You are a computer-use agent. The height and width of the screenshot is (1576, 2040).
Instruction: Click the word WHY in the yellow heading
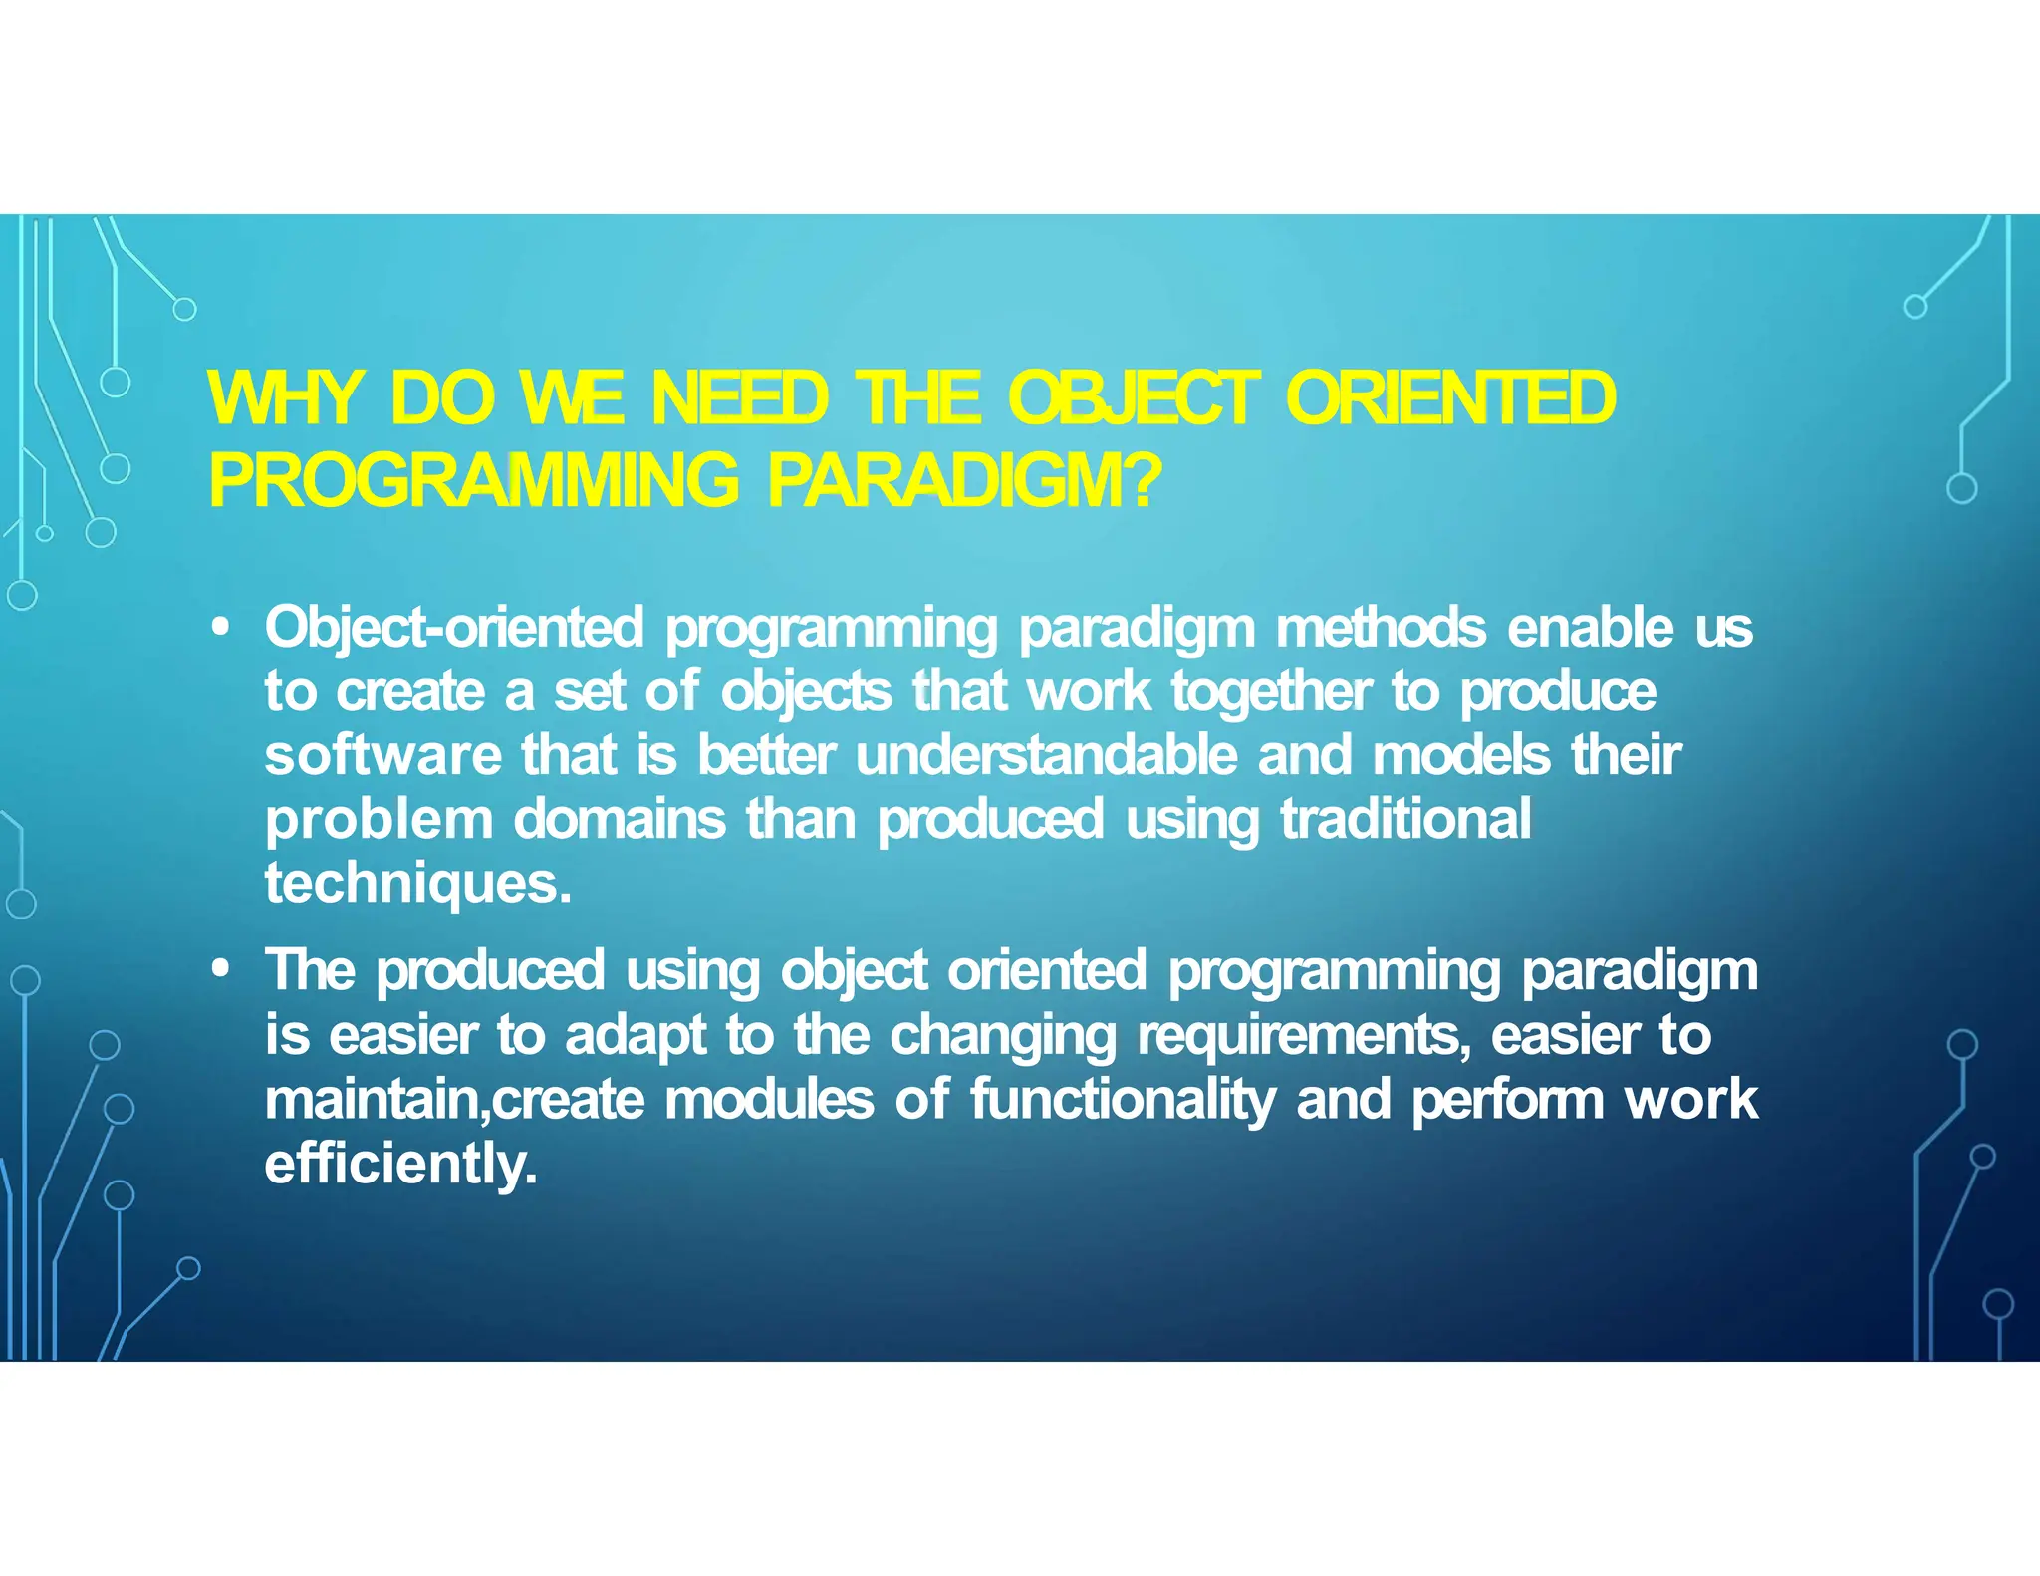pos(284,398)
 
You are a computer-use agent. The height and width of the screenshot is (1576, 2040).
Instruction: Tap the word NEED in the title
pos(739,398)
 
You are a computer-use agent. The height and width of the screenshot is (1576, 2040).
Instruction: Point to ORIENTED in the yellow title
pos(1450,398)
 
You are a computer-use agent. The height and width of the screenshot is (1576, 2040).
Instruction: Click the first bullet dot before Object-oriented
pos(221,628)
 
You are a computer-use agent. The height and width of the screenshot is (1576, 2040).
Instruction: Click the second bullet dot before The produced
pos(221,969)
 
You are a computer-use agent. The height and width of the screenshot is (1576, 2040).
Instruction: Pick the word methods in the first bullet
pos(1381,628)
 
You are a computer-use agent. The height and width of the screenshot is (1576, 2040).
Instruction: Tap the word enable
pos(1591,628)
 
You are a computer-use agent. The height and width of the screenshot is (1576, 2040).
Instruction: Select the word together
pos(1271,691)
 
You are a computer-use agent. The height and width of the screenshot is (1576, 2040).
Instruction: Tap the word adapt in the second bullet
pos(636,1036)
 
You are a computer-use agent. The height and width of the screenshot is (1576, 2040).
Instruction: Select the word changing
pos(1003,1036)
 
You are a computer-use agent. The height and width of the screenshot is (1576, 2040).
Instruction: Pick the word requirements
pos(1300,1036)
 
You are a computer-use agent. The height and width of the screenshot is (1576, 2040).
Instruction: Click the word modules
pos(769,1100)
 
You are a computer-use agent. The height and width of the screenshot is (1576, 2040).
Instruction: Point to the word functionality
pos(1123,1100)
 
